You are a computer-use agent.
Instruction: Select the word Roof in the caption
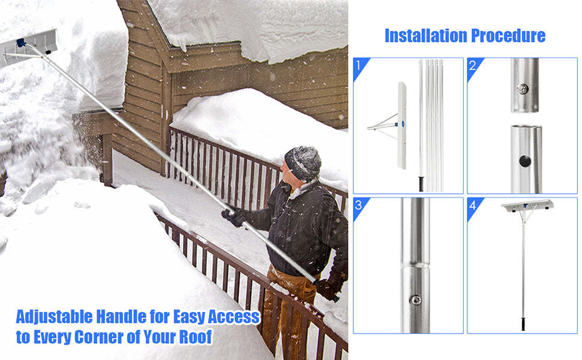(196, 337)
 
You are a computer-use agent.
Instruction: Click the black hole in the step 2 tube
(526, 160)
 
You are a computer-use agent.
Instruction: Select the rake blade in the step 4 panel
(526, 206)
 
